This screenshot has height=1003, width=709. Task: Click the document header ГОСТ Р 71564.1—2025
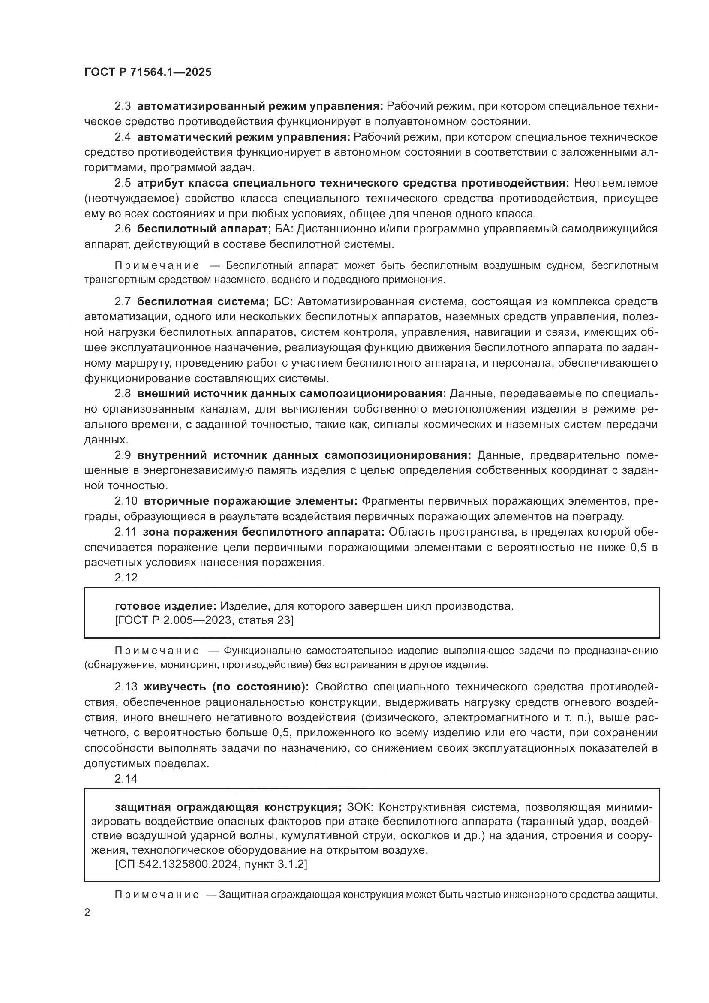click(x=147, y=72)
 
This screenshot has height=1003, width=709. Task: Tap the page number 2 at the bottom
click(x=87, y=913)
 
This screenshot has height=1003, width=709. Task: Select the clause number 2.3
click(x=123, y=106)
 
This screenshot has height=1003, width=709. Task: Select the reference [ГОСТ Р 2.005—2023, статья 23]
click(x=204, y=620)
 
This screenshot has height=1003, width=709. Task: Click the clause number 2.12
click(x=126, y=578)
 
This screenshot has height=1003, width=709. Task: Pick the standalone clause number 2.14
click(x=126, y=778)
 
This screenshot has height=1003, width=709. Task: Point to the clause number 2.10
click(x=126, y=501)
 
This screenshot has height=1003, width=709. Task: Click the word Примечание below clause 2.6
click(x=157, y=265)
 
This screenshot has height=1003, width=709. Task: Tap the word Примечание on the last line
click(x=157, y=895)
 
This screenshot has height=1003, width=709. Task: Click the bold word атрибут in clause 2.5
click(x=158, y=183)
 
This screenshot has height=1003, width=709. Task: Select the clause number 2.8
click(x=123, y=394)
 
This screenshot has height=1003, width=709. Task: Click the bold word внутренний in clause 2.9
click(x=172, y=455)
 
